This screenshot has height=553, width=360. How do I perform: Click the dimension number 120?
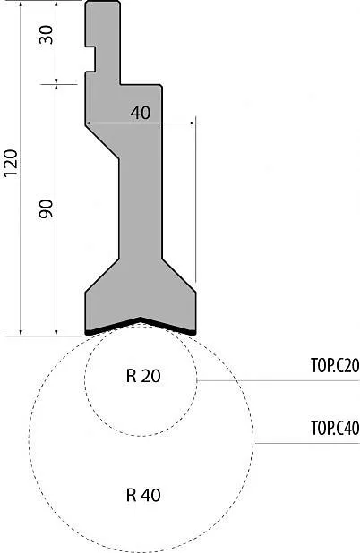pyautogui.click(x=10, y=163)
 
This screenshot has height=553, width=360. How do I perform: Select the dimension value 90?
pyautogui.click(x=46, y=208)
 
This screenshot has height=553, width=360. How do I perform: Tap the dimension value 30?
pyautogui.click(x=46, y=35)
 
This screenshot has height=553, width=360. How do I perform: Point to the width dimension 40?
pyautogui.click(x=141, y=113)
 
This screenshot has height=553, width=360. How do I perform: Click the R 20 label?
pyautogui.click(x=143, y=376)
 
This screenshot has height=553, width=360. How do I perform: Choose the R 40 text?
pyautogui.click(x=143, y=495)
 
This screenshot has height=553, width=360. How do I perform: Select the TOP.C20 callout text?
pyautogui.click(x=335, y=366)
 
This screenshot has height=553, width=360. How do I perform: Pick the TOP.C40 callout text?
pyautogui.click(x=335, y=428)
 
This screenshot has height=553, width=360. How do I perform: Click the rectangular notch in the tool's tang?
pyautogui.click(x=90, y=59)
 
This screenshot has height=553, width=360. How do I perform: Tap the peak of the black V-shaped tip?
pyautogui.click(x=141, y=319)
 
